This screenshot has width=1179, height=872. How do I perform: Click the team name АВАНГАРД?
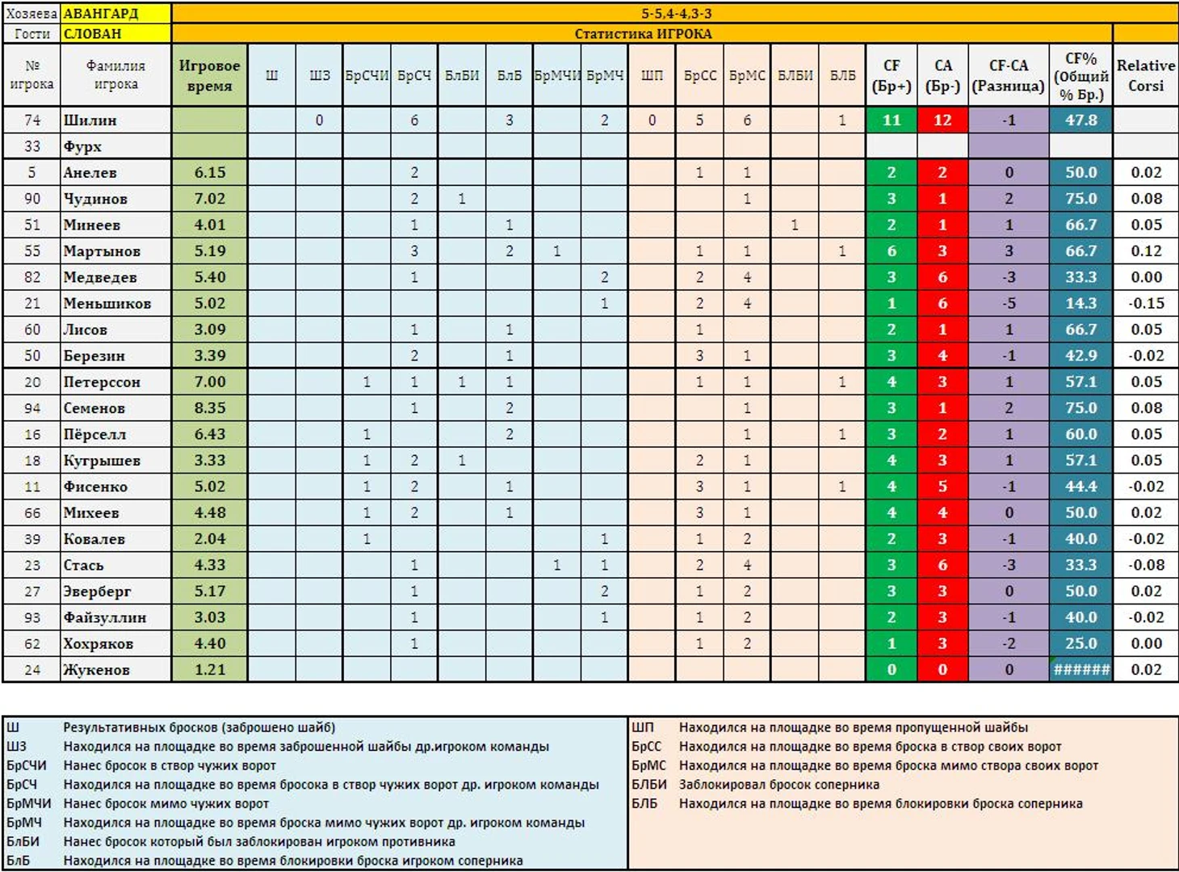point(101,14)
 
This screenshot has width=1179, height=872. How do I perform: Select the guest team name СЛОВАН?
point(92,34)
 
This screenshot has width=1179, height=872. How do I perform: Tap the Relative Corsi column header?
point(1145,75)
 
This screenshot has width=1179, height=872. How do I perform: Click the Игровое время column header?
point(209,75)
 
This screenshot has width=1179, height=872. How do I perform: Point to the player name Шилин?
point(90,120)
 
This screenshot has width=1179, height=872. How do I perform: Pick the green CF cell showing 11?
point(891,120)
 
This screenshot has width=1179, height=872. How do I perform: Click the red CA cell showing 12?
point(942,120)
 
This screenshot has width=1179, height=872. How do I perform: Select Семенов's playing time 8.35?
point(209,408)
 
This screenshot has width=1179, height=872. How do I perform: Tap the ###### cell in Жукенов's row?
point(1080,670)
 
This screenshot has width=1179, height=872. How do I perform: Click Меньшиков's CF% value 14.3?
point(1080,304)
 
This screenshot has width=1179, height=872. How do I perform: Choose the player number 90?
point(32,199)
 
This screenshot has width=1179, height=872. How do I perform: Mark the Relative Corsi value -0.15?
point(1145,304)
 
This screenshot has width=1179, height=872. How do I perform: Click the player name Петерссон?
point(102,382)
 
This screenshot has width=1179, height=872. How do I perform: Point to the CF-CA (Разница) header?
point(1008,75)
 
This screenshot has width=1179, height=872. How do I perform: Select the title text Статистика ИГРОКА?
point(643,34)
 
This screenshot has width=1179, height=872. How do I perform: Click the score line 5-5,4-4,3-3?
point(676,14)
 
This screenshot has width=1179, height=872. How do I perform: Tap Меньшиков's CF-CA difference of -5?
point(1008,304)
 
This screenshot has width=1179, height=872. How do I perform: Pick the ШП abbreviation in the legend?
point(643,727)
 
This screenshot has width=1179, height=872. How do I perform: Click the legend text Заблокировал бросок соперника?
point(778,784)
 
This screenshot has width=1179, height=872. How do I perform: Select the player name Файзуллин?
point(105,617)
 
